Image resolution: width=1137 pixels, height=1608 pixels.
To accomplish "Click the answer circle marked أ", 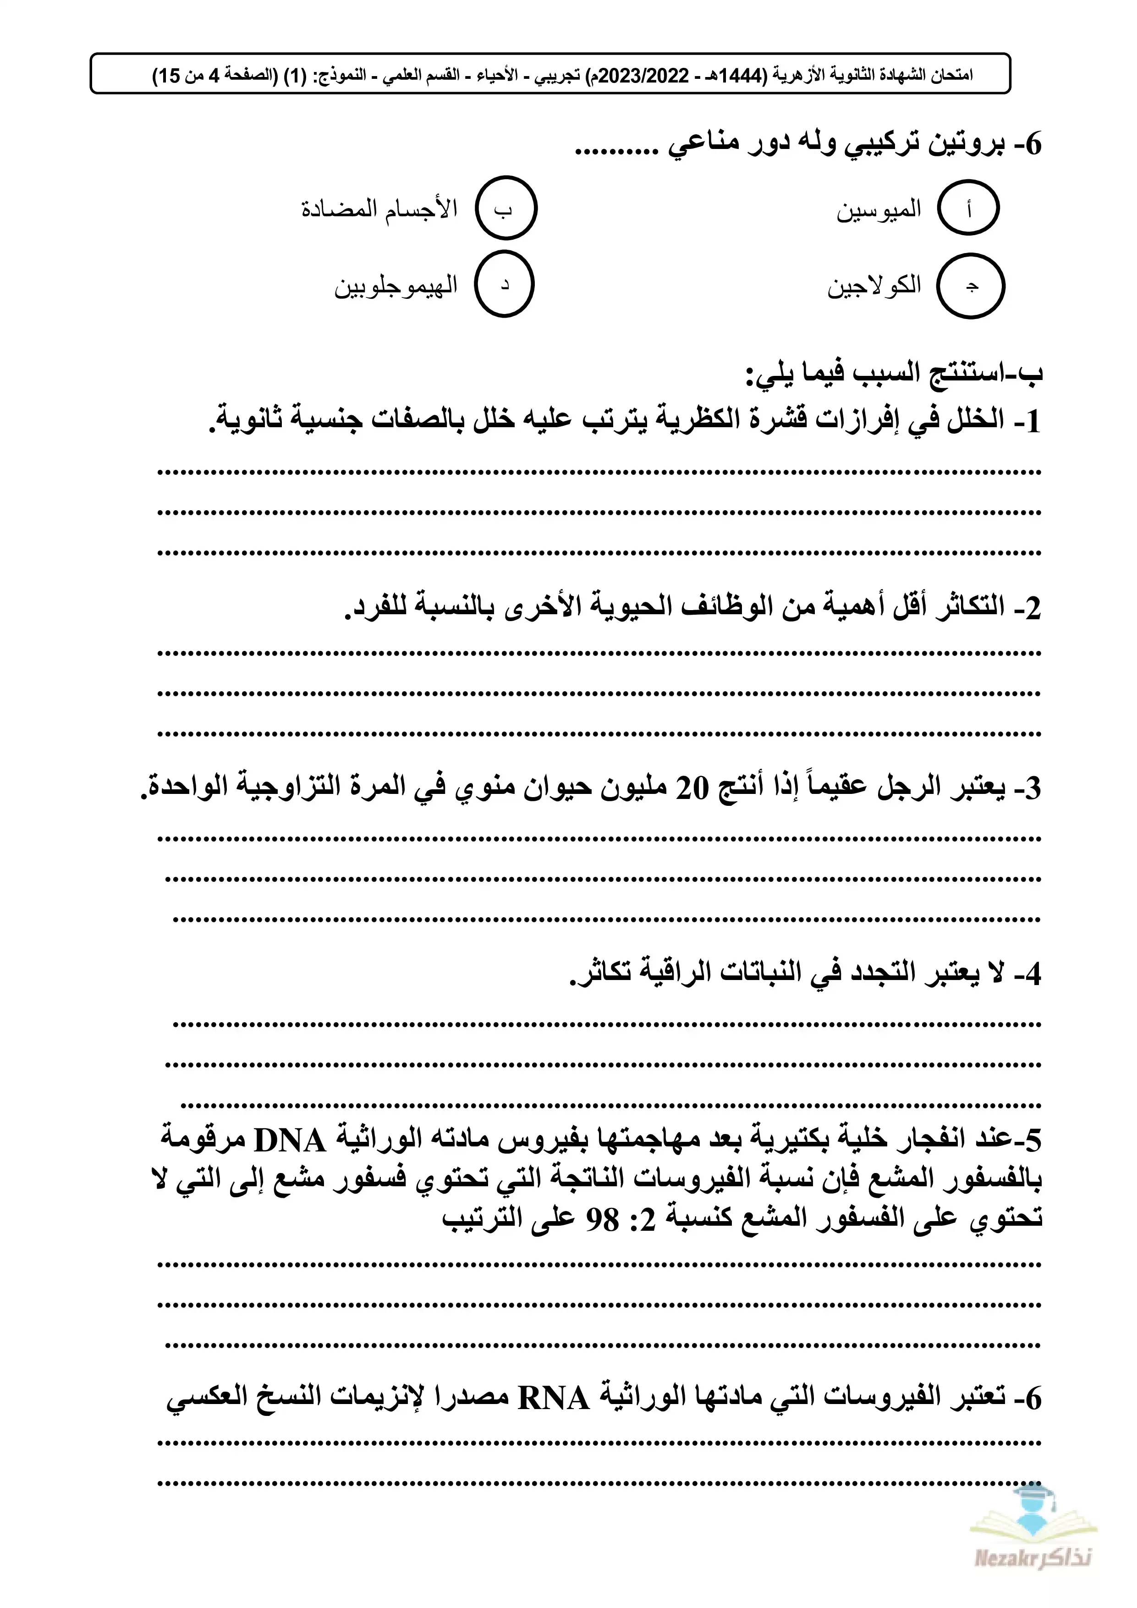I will (968, 208).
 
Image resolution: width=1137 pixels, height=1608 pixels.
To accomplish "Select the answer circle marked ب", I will (505, 208).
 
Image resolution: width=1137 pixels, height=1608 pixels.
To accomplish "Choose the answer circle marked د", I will (504, 284).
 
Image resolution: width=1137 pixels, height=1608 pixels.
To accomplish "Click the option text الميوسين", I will (879, 209).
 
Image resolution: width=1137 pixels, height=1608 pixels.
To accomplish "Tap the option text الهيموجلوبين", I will (395, 286).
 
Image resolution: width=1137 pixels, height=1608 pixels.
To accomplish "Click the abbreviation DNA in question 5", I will (290, 1141).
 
